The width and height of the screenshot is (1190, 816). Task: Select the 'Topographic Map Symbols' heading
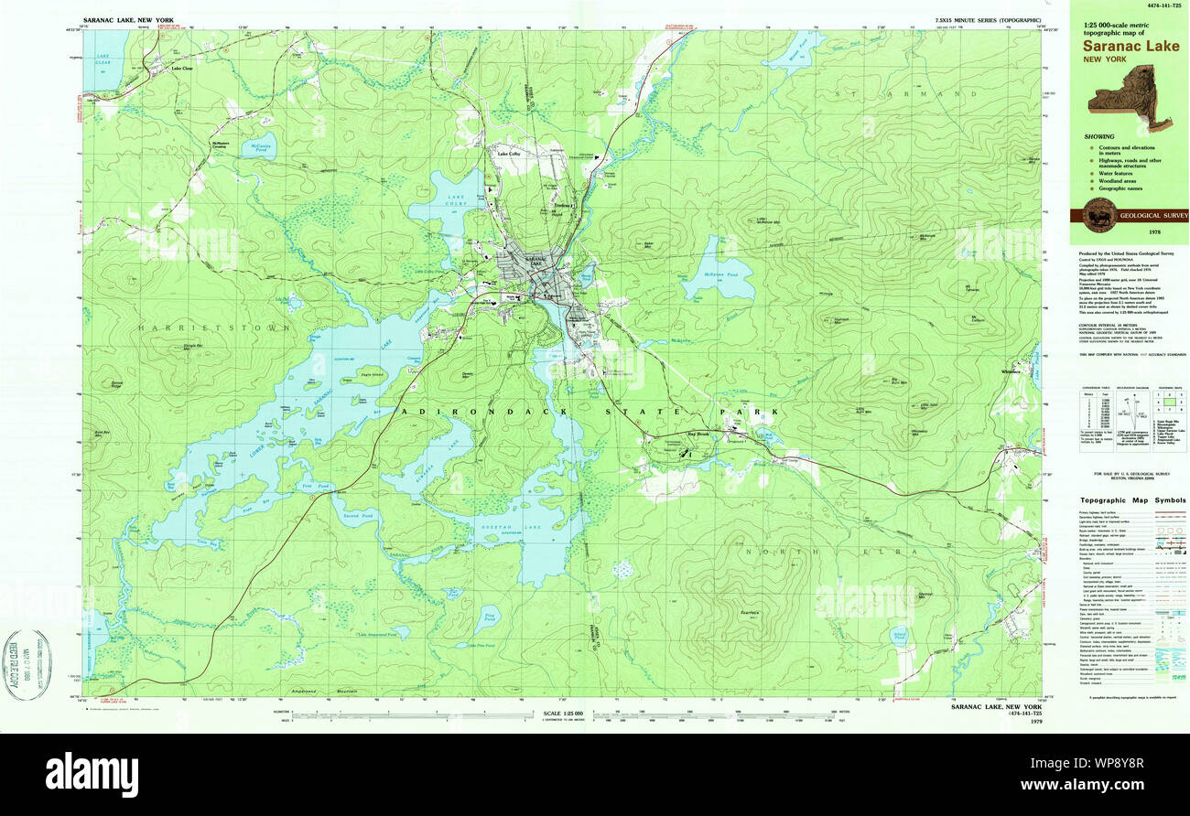point(1132,500)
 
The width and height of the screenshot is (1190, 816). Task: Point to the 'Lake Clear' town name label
point(181,68)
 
